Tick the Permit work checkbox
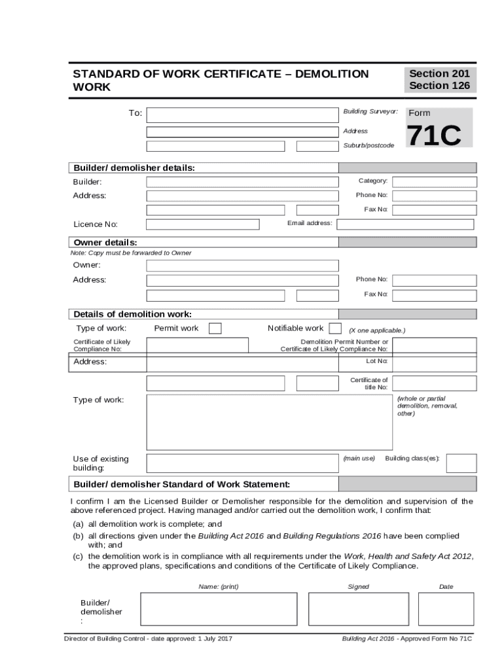click(x=215, y=328)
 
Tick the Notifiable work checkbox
click(x=334, y=328)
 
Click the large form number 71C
click(x=434, y=136)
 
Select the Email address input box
click(x=405, y=224)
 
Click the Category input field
click(x=434, y=181)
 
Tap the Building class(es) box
click(x=461, y=463)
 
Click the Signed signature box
click(x=358, y=609)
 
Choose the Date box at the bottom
click(x=446, y=609)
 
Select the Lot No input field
click(x=434, y=362)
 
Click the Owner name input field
click(x=242, y=266)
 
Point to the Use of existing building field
click(x=242, y=463)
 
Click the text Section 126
click(x=439, y=86)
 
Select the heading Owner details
click(x=105, y=243)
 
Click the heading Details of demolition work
click(x=132, y=314)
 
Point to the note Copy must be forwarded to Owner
click(x=131, y=253)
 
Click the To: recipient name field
click(x=242, y=116)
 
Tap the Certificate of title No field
click(x=434, y=383)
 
